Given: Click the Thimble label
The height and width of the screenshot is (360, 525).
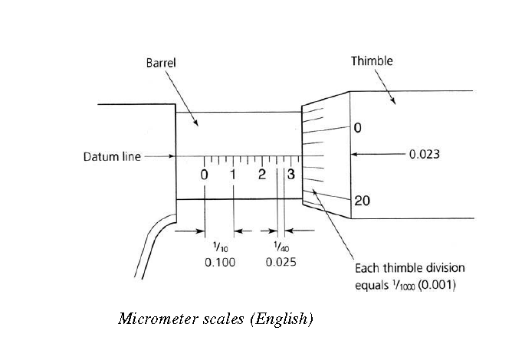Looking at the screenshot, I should (372, 61).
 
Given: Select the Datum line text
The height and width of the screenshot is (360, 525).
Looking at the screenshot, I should (112, 157).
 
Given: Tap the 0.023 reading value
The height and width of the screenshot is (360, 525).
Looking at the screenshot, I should (424, 154).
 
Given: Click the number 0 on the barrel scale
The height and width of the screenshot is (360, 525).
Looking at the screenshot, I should (205, 175).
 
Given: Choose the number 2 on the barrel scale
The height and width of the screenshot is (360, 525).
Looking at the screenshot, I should (262, 175).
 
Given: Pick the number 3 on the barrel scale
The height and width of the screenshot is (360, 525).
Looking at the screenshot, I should (290, 175).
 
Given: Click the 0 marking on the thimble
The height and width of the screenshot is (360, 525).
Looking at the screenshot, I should (358, 128).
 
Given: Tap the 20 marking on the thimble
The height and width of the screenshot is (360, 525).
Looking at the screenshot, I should (363, 201).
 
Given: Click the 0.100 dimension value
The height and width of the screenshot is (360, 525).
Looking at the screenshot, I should (220, 262).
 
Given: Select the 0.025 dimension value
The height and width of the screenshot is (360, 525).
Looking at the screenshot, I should (281, 262).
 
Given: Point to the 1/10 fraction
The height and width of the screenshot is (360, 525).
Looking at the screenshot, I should (220, 247).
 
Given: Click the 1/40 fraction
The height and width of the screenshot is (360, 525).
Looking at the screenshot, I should (281, 247).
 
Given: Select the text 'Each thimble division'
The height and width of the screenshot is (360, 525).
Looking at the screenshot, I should (409, 269).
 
